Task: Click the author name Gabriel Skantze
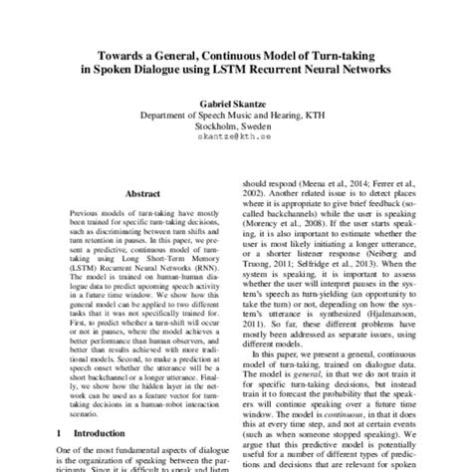coord(236,103)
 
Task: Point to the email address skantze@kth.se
coord(236,140)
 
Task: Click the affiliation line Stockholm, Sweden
coord(236,127)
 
